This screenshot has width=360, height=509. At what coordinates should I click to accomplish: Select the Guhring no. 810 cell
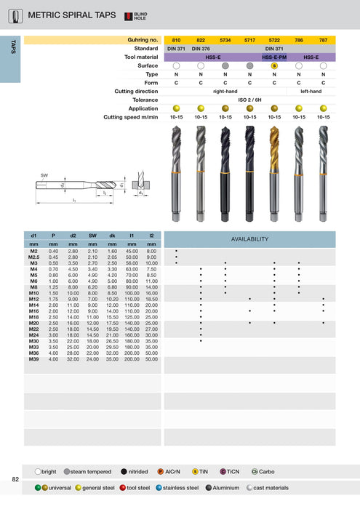176,39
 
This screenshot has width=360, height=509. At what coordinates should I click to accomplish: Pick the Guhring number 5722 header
274,39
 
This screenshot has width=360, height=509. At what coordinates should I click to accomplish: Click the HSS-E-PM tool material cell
274,57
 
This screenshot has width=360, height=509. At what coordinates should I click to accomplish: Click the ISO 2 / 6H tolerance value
249,100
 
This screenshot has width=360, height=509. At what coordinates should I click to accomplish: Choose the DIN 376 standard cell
201,48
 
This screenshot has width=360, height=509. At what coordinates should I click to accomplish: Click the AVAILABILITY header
249,239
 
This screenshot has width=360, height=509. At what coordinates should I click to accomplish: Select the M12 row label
33,299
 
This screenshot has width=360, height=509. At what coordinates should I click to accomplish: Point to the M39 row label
33,358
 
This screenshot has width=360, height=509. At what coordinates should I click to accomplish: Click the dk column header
112,236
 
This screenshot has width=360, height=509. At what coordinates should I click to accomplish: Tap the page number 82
15,479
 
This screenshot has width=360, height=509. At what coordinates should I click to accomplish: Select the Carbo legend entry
267,471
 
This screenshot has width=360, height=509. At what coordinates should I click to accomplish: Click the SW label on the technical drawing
44,175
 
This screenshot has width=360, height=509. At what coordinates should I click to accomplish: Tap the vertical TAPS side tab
12,47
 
